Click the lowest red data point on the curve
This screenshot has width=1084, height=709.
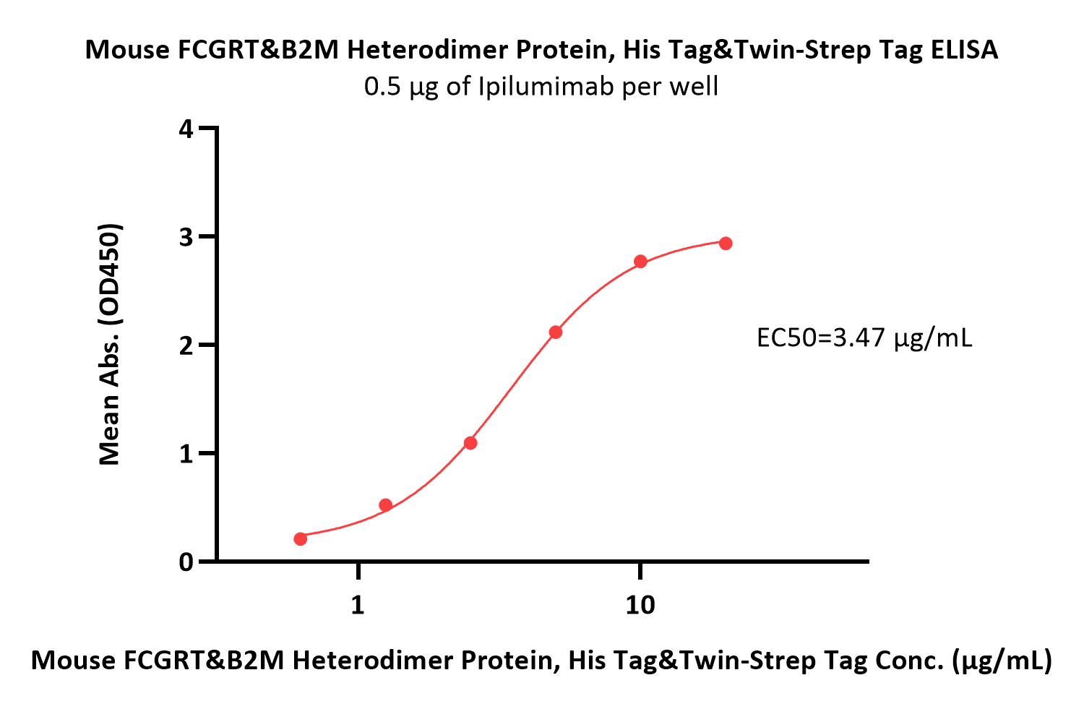[301, 538]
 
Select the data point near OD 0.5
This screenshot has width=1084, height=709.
[386, 505]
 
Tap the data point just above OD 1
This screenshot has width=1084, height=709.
[470, 443]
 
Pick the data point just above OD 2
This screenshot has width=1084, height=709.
[556, 332]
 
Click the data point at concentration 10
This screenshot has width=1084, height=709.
[640, 262]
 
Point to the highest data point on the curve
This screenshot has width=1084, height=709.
[726, 244]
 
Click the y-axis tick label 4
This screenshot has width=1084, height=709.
[186, 129]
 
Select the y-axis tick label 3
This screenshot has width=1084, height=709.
[186, 237]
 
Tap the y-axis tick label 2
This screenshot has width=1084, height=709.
[186, 345]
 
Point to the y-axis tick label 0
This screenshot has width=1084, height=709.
[186, 562]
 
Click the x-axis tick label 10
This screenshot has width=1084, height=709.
[640, 605]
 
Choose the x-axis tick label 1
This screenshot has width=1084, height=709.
[358, 605]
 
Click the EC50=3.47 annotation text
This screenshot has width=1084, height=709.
[864, 338]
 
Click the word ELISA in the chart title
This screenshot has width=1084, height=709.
[964, 50]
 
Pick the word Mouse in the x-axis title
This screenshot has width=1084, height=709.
[74, 660]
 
